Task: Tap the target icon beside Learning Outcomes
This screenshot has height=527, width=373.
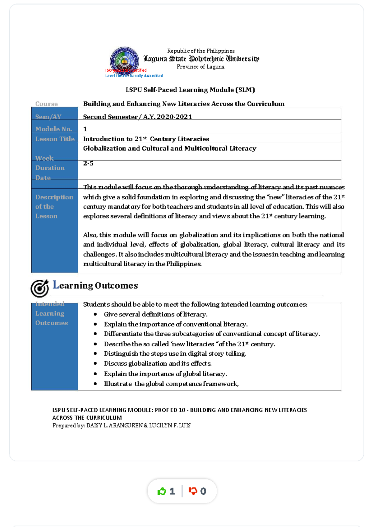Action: [40, 288]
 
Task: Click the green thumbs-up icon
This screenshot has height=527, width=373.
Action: [162, 491]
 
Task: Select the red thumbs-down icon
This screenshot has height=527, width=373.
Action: [193, 491]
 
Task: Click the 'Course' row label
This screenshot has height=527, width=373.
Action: [47, 104]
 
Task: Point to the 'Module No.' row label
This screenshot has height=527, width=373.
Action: [53, 129]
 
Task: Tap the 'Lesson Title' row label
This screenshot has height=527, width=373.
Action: [55, 139]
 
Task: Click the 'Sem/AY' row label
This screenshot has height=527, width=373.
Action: [48, 117]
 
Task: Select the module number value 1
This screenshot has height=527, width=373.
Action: [85, 129]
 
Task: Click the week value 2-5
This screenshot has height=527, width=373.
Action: [88, 163]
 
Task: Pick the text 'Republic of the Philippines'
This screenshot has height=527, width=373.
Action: [201, 51]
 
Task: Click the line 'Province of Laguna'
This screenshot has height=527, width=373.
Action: [200, 67]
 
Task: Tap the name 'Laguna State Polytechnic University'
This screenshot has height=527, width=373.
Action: [201, 59]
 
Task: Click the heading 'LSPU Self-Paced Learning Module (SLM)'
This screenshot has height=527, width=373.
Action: [190, 90]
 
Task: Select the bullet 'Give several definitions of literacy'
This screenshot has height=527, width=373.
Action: [155, 314]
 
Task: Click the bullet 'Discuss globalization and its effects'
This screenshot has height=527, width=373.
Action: [158, 363]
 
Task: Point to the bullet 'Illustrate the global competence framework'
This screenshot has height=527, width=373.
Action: [171, 384]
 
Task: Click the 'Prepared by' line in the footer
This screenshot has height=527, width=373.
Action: [122, 426]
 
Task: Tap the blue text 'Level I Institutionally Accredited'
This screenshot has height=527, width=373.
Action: [134, 76]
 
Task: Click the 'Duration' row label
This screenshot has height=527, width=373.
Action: [50, 168]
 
